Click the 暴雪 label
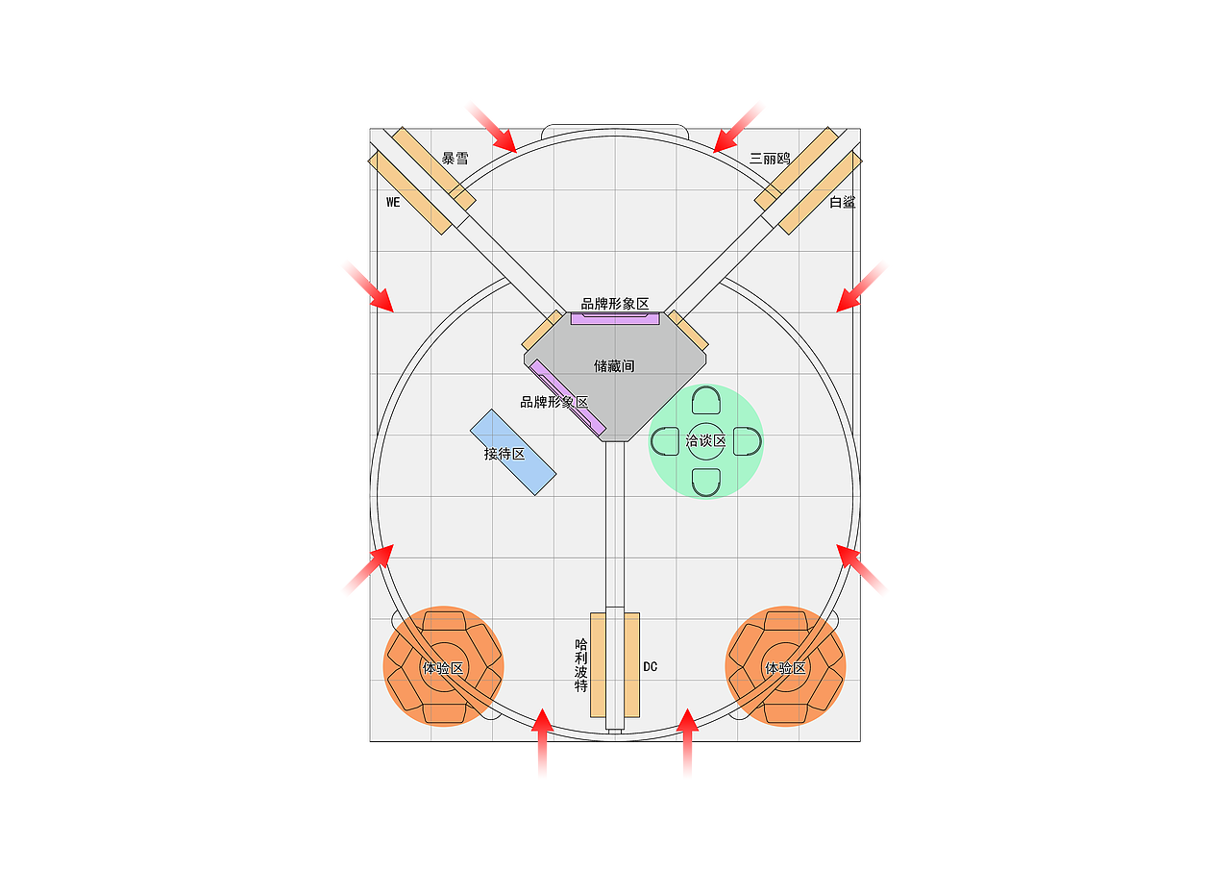[455, 159]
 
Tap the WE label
[393, 202]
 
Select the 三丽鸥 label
[770, 159]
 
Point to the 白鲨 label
[843, 202]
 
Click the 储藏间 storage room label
[614, 366]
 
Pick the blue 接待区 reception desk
[513, 452]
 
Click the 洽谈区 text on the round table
[705, 440]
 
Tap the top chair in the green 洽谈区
[706, 400]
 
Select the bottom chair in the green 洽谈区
[706, 483]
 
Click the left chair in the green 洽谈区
[665, 441]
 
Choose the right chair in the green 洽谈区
[748, 441]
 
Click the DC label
[651, 667]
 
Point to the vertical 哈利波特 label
[581, 665]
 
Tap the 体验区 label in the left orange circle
[443, 668]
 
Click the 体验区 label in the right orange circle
[785, 668]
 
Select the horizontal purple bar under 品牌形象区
[615, 318]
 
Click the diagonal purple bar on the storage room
[567, 398]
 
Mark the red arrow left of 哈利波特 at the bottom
[543, 742]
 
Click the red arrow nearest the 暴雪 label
[491, 128]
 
